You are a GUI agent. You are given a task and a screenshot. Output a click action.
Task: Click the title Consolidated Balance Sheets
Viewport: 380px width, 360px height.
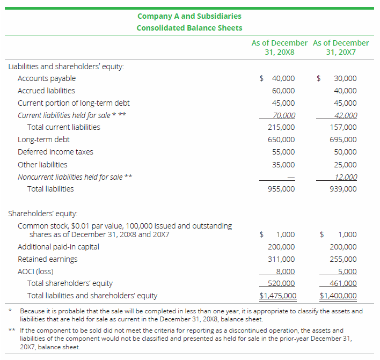tap(189, 28)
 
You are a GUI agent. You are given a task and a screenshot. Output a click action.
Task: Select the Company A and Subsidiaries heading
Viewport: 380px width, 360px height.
tap(189, 16)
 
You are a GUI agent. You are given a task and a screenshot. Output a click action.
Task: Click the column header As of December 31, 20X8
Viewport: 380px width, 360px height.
tap(279, 48)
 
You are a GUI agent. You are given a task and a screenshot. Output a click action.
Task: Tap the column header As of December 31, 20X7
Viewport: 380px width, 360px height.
tap(341, 48)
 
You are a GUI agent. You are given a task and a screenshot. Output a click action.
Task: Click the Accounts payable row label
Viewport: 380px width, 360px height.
tap(47, 78)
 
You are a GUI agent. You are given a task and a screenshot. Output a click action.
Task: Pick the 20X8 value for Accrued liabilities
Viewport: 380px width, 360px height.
tap(283, 91)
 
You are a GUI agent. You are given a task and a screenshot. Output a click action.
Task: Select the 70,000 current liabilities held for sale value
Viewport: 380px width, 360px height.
tap(284, 115)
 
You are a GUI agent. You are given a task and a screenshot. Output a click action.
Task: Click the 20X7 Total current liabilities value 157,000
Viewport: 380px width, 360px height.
tap(345, 128)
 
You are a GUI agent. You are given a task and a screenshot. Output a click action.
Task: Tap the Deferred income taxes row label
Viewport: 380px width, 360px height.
tap(55, 152)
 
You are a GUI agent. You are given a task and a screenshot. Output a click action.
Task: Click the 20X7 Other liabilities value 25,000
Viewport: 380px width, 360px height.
tap(345, 165)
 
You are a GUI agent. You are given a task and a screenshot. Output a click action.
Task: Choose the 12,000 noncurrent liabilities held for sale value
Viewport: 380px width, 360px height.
tap(345, 177)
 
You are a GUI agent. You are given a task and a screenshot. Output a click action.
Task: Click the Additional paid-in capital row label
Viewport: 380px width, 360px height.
tap(58, 247)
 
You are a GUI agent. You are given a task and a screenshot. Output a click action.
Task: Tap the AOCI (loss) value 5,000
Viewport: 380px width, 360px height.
tap(347, 271)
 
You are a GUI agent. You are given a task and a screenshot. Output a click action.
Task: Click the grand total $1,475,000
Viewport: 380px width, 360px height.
tap(278, 296)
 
